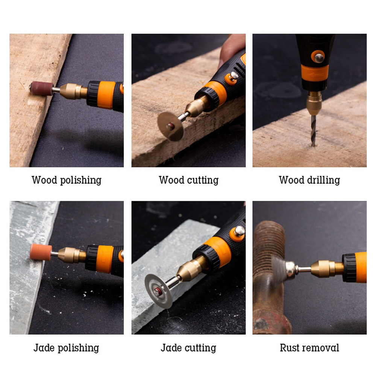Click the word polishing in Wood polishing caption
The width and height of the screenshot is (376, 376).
[79, 180]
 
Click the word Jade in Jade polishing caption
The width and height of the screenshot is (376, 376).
[44, 348]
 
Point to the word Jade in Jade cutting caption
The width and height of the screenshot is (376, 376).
[171, 348]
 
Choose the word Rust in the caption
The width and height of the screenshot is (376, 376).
[290, 348]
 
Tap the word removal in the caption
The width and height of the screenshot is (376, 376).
[321, 348]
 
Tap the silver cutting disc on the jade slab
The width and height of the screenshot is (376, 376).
[158, 290]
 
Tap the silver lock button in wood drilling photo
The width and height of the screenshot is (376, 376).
[319, 57]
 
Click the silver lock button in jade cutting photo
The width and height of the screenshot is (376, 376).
[239, 231]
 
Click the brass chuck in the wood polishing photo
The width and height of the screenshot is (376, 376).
[74, 91]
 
